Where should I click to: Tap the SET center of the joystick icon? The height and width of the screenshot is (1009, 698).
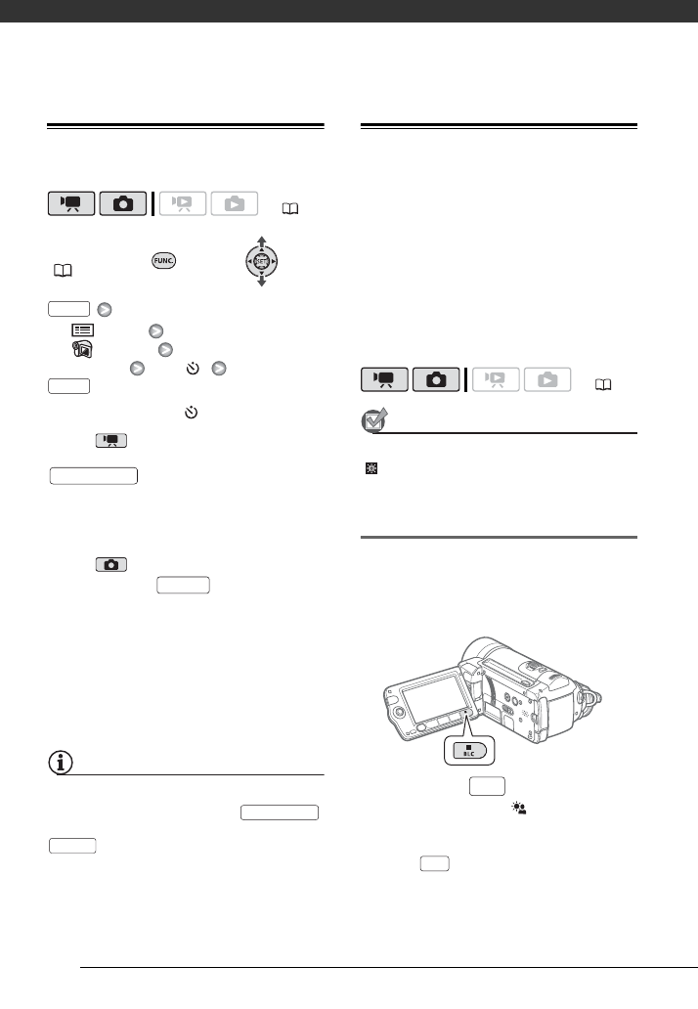point(261,261)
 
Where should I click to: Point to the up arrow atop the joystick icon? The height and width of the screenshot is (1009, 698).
point(261,240)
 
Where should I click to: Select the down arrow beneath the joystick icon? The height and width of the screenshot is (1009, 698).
point(261,283)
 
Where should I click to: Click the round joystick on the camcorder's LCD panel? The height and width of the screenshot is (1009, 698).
point(398,712)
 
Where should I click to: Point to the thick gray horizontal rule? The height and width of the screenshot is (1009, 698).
point(499,537)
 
